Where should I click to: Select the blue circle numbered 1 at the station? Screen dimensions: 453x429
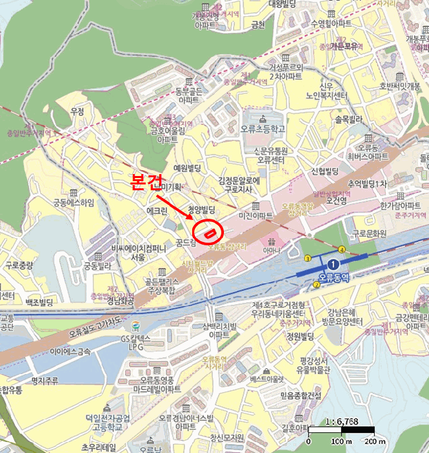click(333, 265)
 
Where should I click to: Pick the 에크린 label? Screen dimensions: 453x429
click(157, 211)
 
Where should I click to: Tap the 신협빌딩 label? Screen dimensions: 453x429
click(325, 171)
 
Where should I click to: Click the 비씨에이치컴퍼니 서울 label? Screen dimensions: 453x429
click(138, 252)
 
